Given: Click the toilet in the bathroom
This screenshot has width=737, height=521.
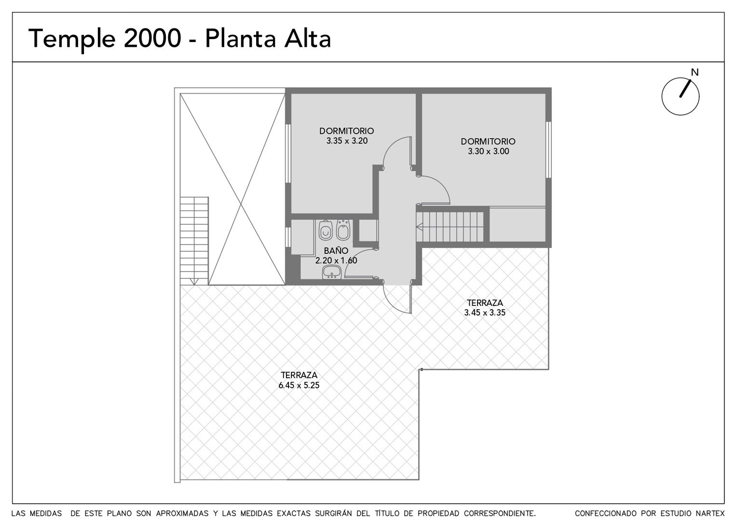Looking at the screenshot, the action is (326, 230).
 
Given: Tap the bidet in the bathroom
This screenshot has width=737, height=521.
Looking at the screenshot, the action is (343, 230).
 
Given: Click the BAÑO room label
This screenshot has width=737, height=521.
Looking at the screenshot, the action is (336, 250).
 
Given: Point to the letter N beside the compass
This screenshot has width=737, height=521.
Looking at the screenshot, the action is (695, 72).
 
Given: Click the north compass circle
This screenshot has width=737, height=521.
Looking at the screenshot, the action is (681, 96).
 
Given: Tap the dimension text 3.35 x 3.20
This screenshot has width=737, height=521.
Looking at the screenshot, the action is (347, 141).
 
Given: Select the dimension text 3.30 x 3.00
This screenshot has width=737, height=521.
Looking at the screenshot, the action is (488, 151).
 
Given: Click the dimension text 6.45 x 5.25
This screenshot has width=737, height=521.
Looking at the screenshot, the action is (299, 385).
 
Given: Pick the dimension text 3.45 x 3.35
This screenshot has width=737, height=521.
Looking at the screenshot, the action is (485, 313).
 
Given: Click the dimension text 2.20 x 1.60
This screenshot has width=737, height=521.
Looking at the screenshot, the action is (336, 260).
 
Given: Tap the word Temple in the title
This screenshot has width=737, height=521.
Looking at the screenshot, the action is (72, 40).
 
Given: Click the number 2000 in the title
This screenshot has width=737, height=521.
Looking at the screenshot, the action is (152, 39).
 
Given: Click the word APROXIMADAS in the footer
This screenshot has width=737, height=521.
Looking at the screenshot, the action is (182, 513).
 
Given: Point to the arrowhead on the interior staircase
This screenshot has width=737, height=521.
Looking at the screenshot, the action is (420, 227).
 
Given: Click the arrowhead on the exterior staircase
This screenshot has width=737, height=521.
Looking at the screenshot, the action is (194, 281).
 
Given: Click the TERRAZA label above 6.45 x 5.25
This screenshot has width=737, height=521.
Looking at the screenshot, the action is (299, 375).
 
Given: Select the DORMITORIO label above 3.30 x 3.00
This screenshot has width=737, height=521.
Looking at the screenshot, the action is (488, 141).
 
